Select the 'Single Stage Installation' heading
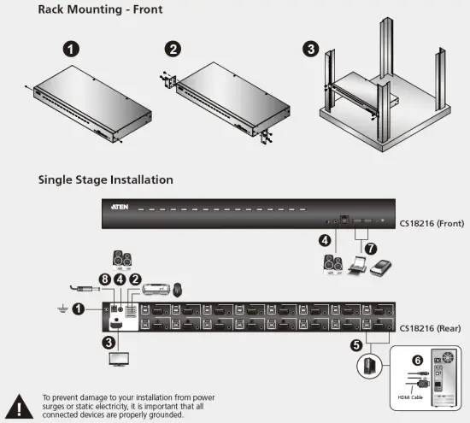click(105, 180)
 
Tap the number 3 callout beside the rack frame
click(310, 49)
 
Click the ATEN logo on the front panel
click(119, 209)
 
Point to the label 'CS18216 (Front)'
click(433, 225)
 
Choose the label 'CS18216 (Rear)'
click(432, 327)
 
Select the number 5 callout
click(356, 346)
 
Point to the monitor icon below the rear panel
click(118, 359)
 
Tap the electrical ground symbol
click(57, 308)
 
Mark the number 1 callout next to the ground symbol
click(79, 308)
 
